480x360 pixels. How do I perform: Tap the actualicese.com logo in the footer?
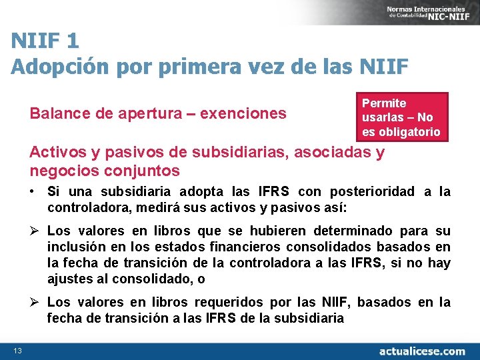pyautogui.click(x=422, y=351)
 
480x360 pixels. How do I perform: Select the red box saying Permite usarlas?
pyautogui.click(x=401, y=117)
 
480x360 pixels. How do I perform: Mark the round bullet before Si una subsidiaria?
pyautogui.click(x=32, y=192)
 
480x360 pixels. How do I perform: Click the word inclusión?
pyautogui.click(x=75, y=247)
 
